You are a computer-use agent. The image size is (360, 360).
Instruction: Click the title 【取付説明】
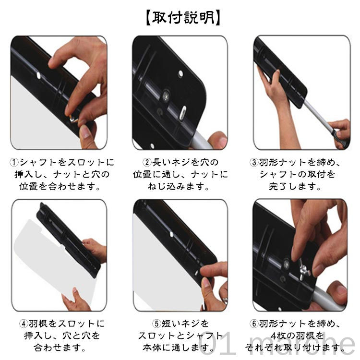tap(183, 18)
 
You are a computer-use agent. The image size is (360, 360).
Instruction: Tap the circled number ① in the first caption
tap(13, 163)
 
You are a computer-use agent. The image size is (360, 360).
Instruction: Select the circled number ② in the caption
tap(147, 163)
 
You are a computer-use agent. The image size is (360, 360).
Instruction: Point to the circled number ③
tap(254, 163)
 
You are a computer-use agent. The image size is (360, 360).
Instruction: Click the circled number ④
tap(24, 324)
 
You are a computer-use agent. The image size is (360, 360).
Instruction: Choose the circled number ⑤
tap(156, 324)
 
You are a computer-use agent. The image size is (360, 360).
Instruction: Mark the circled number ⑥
tap(254, 324)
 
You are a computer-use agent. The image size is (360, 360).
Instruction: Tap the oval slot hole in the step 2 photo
tap(183, 112)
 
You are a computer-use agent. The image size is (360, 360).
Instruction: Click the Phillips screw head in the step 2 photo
tap(166, 96)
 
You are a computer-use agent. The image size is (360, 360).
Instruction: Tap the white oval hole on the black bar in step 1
tap(38, 75)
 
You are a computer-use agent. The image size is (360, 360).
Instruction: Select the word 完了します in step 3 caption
tap(295, 186)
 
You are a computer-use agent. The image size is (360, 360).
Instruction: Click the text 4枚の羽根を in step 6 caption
tap(297, 336)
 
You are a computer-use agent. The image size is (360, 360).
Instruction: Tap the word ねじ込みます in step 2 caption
tap(179, 186)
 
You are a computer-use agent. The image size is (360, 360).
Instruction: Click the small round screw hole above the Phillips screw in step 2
tap(180, 74)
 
